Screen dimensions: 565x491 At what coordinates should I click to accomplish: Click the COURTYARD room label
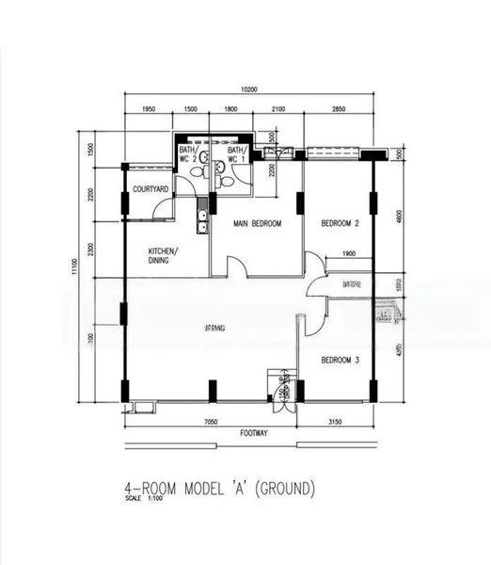click(150, 189)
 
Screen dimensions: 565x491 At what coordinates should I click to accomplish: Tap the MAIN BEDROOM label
click(258, 223)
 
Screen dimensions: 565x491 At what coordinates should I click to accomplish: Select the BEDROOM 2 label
click(341, 223)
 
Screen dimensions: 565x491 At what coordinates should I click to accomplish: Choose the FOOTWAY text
click(253, 435)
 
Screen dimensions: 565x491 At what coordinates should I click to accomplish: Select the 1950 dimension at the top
click(148, 109)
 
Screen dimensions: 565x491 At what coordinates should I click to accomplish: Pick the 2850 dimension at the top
click(340, 109)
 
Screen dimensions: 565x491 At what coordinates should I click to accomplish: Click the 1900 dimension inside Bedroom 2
click(348, 254)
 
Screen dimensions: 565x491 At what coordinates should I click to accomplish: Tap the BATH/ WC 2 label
click(187, 154)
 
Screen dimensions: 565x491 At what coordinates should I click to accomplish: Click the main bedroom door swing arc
click(238, 268)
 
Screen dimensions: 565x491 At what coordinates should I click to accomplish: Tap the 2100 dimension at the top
click(278, 109)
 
